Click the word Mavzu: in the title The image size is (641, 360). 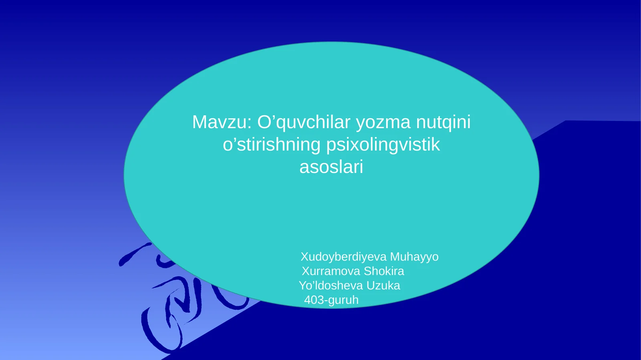[x=222, y=122]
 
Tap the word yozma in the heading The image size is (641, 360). [x=383, y=122]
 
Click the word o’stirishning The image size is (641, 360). [x=271, y=145]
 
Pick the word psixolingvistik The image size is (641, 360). [x=383, y=145]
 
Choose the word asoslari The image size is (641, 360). [x=331, y=167]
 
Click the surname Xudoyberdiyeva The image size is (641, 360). [x=343, y=257]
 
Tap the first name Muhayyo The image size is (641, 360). [x=414, y=257]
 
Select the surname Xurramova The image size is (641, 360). [x=331, y=271]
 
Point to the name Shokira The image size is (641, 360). [x=384, y=271]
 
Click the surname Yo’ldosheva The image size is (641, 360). [x=331, y=286]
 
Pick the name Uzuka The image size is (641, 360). [x=383, y=286]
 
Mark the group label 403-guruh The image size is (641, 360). [x=331, y=300]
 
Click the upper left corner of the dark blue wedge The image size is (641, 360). [x=566, y=121]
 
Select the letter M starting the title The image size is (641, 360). [x=200, y=122]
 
